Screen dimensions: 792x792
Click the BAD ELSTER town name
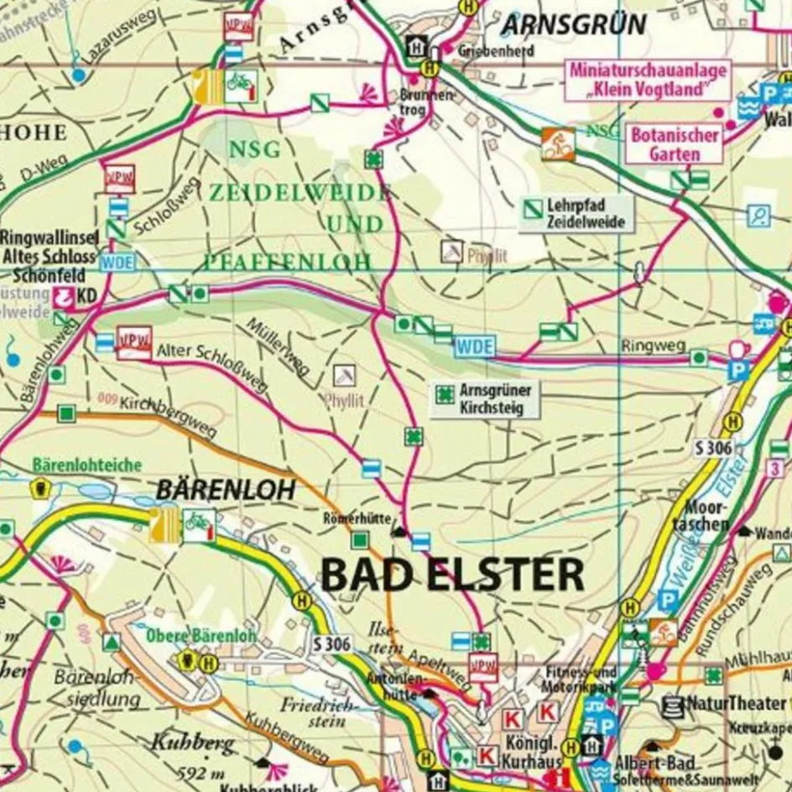coord(452,576)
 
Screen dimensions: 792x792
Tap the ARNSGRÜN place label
coord(574,25)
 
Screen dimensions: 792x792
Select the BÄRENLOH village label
coord(226,490)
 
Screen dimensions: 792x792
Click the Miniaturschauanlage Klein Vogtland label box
coord(647,81)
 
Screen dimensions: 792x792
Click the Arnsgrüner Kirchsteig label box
coord(486,399)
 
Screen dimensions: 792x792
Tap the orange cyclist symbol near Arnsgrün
coord(558,144)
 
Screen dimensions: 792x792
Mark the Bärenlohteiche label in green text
coord(87,464)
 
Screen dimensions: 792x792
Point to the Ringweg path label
coord(643,345)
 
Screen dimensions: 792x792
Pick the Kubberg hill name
coord(183,742)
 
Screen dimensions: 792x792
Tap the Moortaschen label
coord(707,515)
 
